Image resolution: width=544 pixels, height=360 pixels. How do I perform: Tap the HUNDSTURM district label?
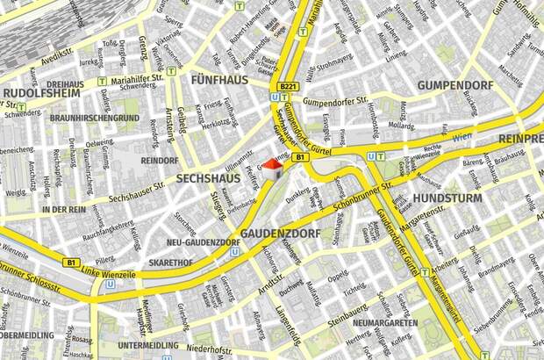tap(448, 198)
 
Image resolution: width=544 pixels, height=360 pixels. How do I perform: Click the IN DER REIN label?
tap(64, 210)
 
